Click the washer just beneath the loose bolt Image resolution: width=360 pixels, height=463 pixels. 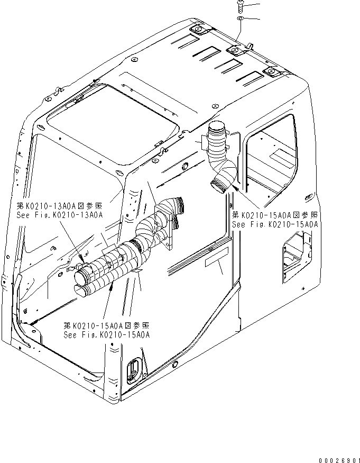click(239, 19)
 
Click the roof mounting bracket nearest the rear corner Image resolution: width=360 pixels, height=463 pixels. click(272, 72)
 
